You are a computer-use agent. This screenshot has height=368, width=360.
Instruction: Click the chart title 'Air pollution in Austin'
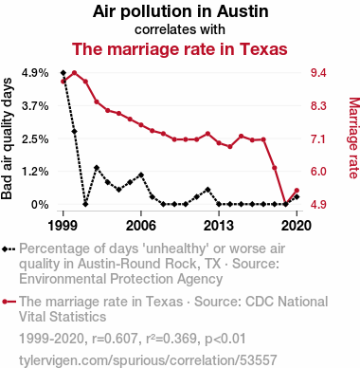tap(180, 11)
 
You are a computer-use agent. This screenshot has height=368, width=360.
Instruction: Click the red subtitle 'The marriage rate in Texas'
tap(180, 49)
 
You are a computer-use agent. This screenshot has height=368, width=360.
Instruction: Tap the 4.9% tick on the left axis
tap(35, 73)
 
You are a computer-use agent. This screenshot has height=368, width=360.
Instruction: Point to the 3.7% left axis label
tap(35, 106)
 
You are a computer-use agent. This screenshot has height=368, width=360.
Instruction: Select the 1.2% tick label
tap(35, 172)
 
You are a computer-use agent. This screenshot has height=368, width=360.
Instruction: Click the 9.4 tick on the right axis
tap(318, 73)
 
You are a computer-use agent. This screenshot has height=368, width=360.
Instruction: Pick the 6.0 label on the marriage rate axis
tap(318, 172)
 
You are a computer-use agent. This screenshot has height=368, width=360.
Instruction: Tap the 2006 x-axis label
tap(141, 226)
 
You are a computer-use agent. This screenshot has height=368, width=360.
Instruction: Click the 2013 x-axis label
tap(219, 226)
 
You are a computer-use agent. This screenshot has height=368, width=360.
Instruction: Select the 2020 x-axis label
tap(297, 226)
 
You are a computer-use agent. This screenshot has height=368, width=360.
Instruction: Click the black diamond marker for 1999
tap(63, 73)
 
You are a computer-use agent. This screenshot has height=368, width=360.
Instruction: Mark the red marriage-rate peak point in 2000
tap(75, 73)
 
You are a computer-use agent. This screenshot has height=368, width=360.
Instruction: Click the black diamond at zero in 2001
tap(85, 204)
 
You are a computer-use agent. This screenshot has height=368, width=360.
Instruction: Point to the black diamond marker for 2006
tap(141, 175)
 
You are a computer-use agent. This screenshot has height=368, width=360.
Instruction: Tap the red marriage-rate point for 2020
tap(297, 191)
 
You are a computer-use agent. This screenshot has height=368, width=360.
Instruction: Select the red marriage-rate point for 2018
tap(275, 168)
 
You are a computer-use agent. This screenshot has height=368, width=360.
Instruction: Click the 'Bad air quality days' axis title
tap(7, 138)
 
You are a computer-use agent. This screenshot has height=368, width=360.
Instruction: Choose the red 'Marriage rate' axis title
tap(353, 138)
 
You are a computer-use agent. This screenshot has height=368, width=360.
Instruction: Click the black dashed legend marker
tap(9, 248)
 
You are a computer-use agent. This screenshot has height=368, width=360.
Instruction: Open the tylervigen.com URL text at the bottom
tap(148, 360)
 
